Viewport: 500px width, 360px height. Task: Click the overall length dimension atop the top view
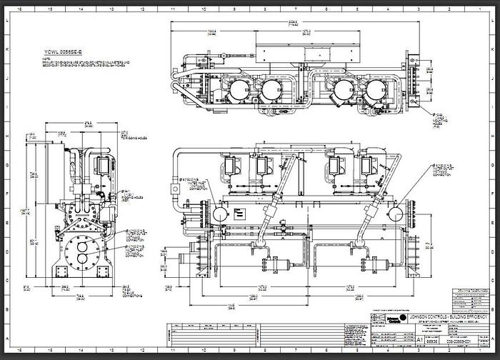[x=291, y=23]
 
